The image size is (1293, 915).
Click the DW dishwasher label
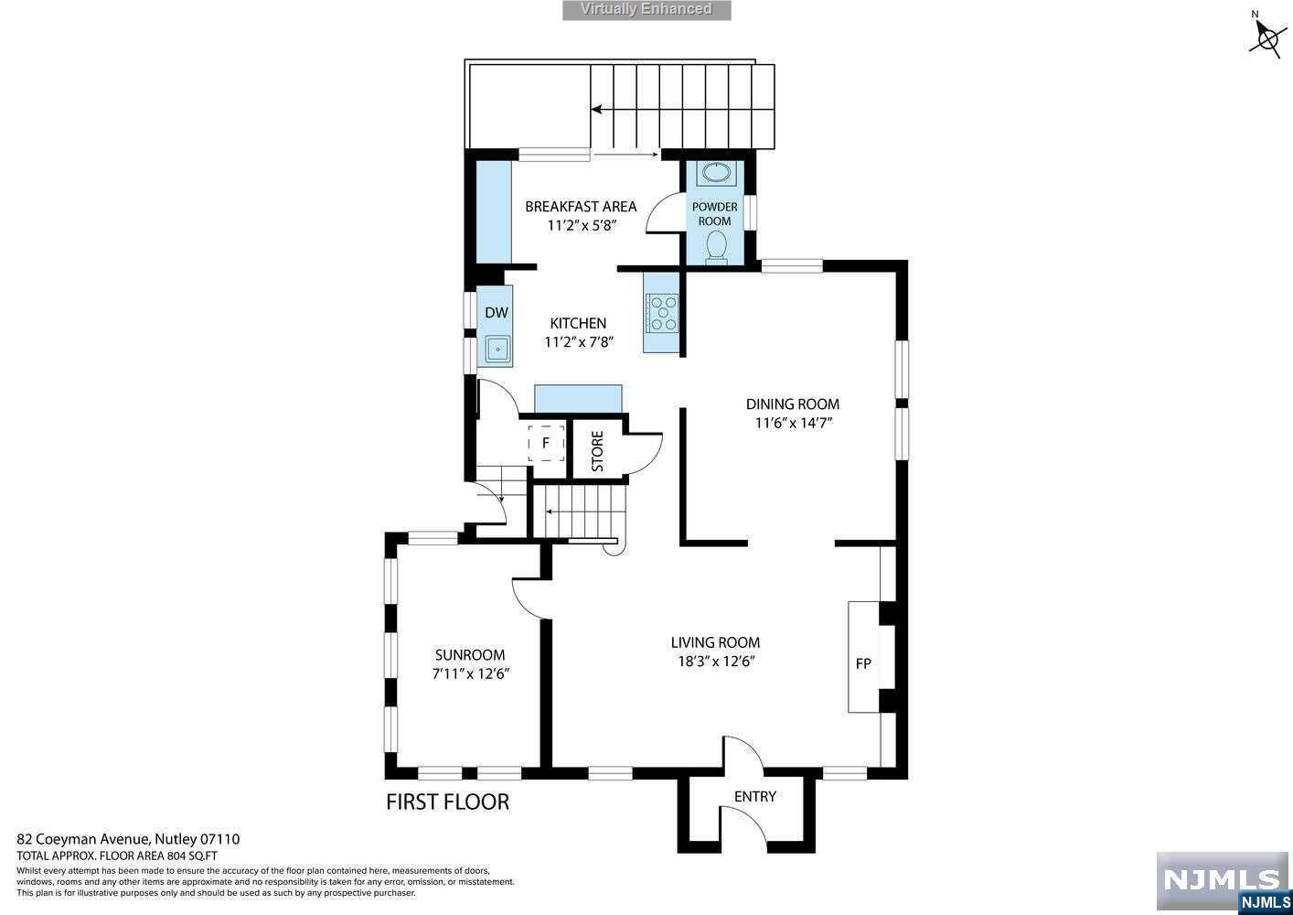(497, 313)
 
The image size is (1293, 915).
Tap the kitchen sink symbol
(497, 349)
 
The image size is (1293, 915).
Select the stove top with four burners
(663, 313)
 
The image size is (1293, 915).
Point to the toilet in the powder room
(716, 247)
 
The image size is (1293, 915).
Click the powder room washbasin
(716, 173)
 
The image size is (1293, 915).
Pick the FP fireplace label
(863, 663)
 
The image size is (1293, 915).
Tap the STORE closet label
(597, 450)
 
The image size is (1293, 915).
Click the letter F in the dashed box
(546, 443)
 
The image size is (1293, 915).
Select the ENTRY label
(755, 797)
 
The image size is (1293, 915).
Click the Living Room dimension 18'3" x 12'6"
(716, 661)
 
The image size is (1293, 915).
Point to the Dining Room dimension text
(793, 423)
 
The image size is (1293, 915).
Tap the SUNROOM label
(470, 654)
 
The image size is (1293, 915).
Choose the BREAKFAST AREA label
(581, 206)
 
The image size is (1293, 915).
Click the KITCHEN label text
(578, 323)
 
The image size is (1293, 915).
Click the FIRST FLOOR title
(447, 802)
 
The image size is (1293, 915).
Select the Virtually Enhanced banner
(646, 10)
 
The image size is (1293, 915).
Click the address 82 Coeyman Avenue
(83, 839)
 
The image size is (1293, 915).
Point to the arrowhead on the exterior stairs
(596, 109)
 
